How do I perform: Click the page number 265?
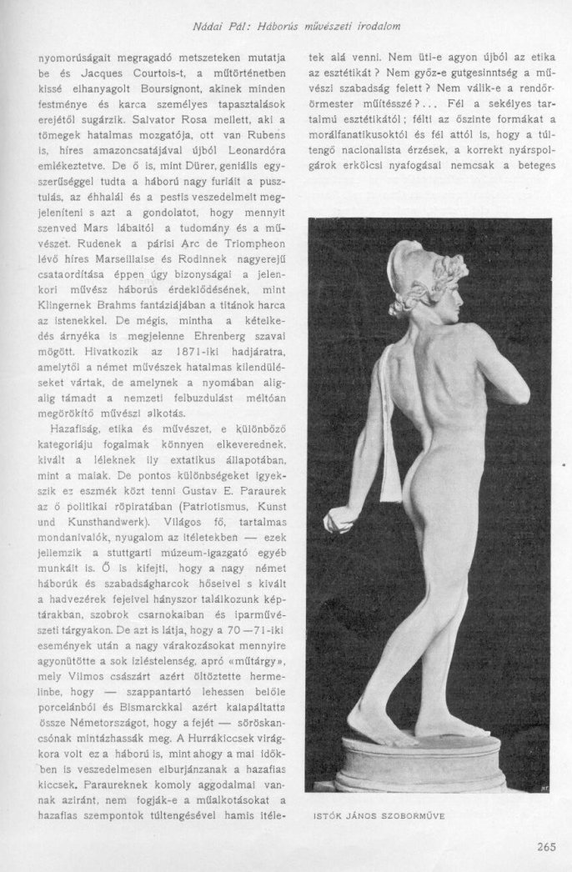click(x=546, y=848)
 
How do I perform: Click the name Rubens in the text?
click(x=263, y=168)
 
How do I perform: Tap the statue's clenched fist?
click(x=337, y=519)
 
